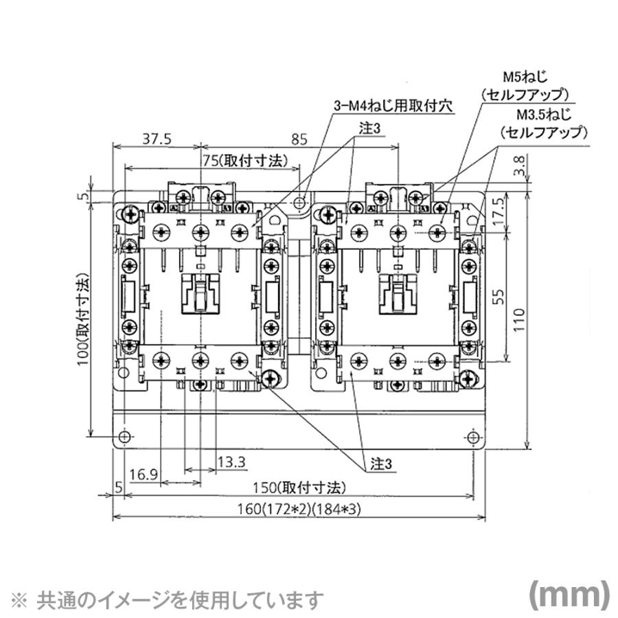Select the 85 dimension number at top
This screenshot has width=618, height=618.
point(299,139)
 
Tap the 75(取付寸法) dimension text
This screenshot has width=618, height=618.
point(251,159)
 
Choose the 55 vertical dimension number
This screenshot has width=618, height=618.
point(499,297)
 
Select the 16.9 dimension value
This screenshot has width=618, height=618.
point(144,474)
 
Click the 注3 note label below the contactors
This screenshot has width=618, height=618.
point(378,465)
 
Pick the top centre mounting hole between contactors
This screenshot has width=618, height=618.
point(300,203)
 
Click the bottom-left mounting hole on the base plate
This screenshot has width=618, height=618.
point(124,437)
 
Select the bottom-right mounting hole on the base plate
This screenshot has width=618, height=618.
point(473,437)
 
